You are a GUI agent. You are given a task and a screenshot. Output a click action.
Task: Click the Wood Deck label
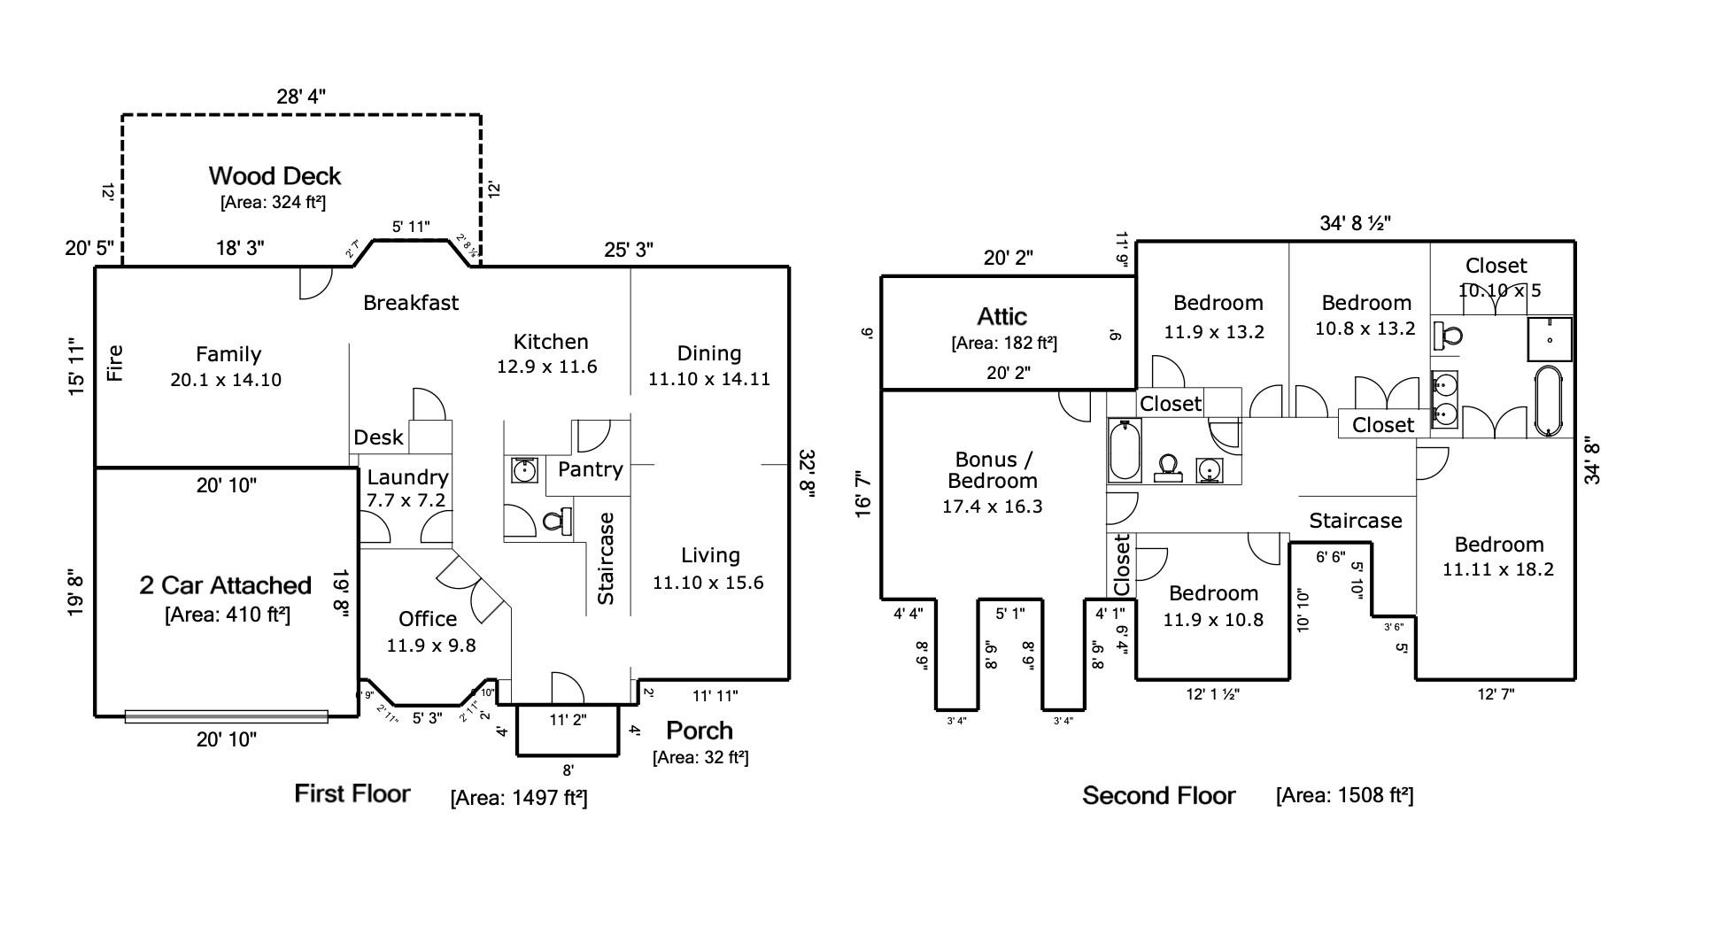(275, 175)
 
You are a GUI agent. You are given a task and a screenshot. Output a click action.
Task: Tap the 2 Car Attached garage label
(225, 585)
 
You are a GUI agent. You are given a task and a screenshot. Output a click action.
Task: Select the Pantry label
(590, 469)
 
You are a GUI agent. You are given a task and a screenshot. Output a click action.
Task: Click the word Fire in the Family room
(115, 363)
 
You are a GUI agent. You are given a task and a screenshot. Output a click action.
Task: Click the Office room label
(428, 619)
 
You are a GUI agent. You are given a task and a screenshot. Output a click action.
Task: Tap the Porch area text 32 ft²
(700, 757)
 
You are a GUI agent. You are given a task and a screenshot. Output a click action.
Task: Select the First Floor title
(352, 793)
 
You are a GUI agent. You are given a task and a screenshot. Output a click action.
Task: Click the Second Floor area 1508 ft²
(1344, 795)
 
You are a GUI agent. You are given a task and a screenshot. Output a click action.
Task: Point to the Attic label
(1001, 316)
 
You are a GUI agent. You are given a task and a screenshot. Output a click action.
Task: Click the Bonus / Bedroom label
(992, 470)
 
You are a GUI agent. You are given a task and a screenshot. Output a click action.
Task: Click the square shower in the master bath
(1550, 339)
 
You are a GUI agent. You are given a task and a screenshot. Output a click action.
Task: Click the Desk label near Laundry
(378, 437)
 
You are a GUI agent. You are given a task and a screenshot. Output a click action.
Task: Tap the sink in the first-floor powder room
(524, 470)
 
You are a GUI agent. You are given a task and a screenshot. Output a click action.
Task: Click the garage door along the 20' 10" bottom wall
(226, 716)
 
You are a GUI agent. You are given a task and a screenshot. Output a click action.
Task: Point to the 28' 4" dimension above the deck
(301, 97)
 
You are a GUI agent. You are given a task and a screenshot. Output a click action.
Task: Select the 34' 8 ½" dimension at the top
(1355, 223)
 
